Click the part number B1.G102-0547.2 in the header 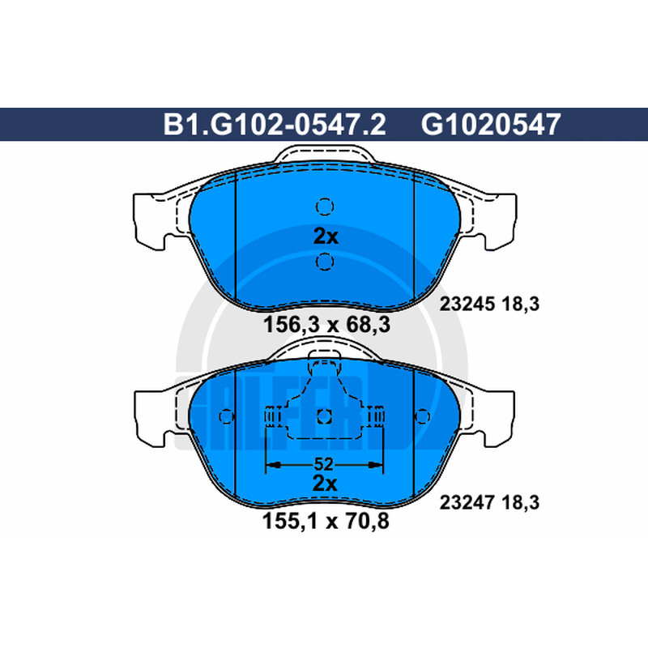275,125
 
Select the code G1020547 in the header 491,125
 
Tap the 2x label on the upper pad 326,237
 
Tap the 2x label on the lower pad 325,483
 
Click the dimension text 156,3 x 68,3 327,325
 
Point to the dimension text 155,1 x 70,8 326,521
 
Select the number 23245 467,305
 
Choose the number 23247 467,502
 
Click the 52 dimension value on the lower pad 323,464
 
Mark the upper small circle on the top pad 325,207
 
